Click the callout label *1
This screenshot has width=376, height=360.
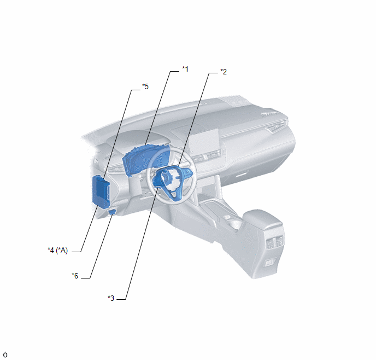pyautogui.click(x=185, y=69)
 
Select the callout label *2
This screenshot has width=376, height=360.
pyautogui.click(x=224, y=72)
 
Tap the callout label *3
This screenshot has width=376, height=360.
pyautogui.click(x=111, y=298)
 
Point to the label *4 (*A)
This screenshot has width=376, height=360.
pyautogui.click(x=58, y=251)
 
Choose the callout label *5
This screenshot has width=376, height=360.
pyautogui.click(x=145, y=86)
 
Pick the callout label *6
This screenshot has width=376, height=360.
pyautogui.click(x=75, y=276)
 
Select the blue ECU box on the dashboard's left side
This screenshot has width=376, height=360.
pyautogui.click(x=101, y=191)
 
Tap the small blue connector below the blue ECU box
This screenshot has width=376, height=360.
pyautogui.click(x=112, y=212)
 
